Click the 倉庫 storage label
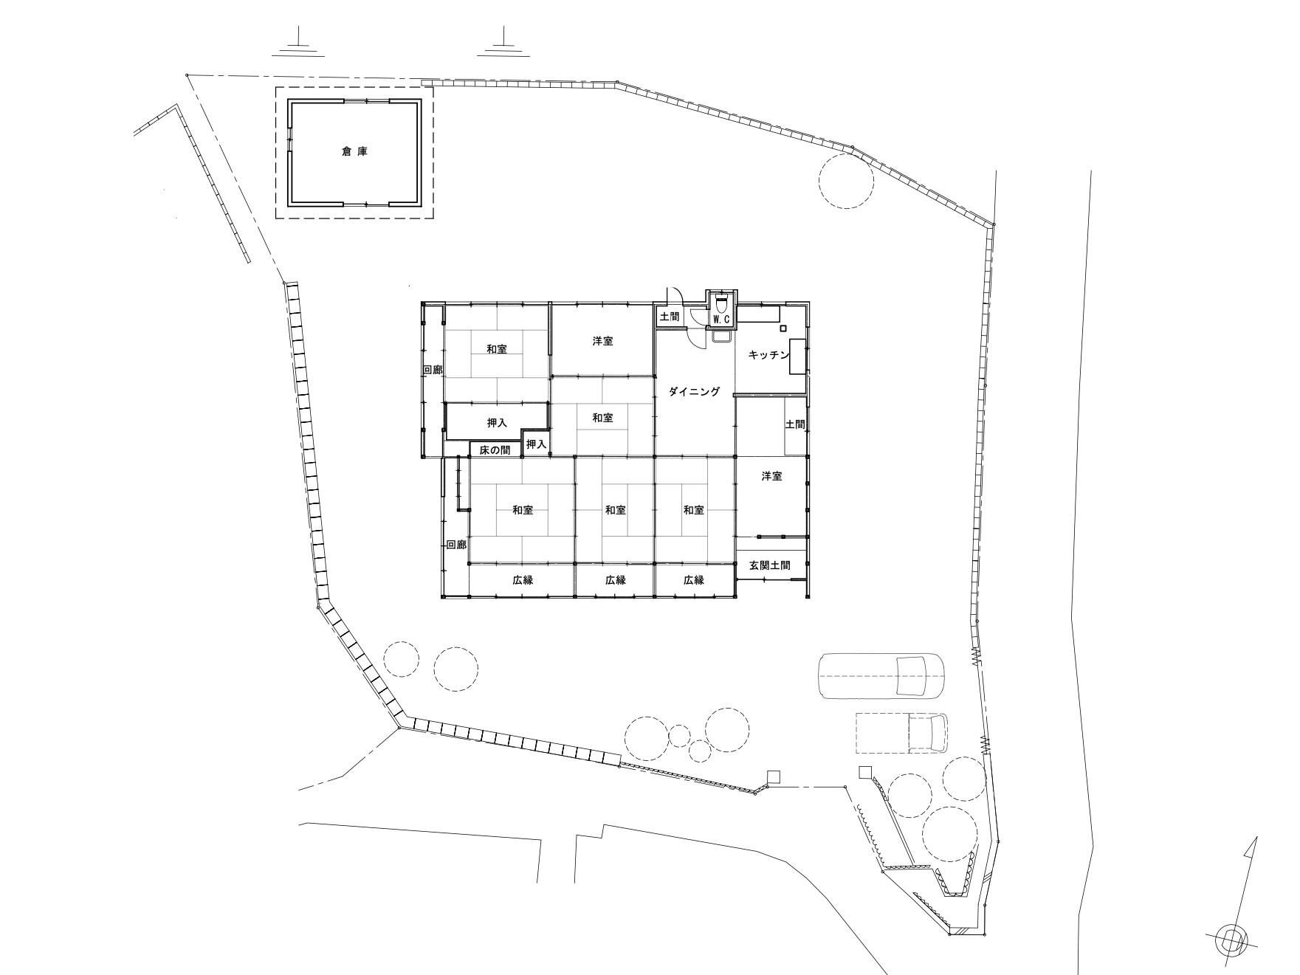(354, 152)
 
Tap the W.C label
(721, 319)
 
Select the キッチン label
(768, 355)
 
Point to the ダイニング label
(694, 391)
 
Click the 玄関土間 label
(769, 565)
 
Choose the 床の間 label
(495, 449)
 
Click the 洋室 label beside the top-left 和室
(602, 341)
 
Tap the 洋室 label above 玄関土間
(771, 477)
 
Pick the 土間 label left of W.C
(669, 317)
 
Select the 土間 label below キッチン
(795, 424)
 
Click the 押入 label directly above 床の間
(497, 424)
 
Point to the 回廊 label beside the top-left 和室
(433, 370)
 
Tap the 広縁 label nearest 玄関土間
(693, 580)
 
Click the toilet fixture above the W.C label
(721, 302)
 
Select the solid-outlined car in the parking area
(881, 675)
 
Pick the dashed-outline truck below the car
(901, 732)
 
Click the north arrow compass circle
(1231, 940)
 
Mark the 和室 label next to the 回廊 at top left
(497, 349)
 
